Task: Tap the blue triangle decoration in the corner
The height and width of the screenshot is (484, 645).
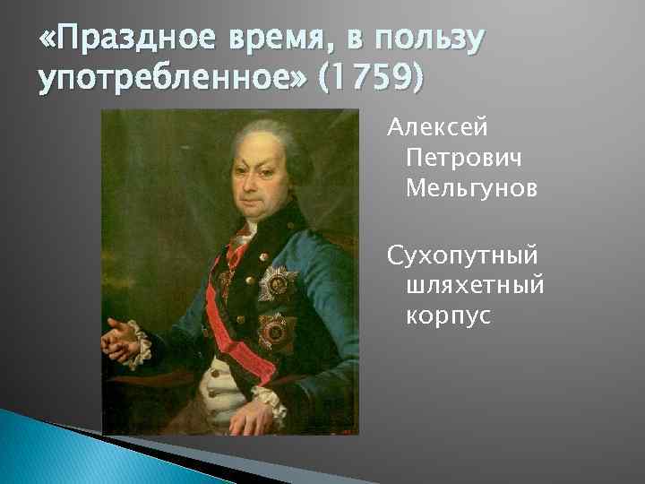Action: click(x=54, y=453)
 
